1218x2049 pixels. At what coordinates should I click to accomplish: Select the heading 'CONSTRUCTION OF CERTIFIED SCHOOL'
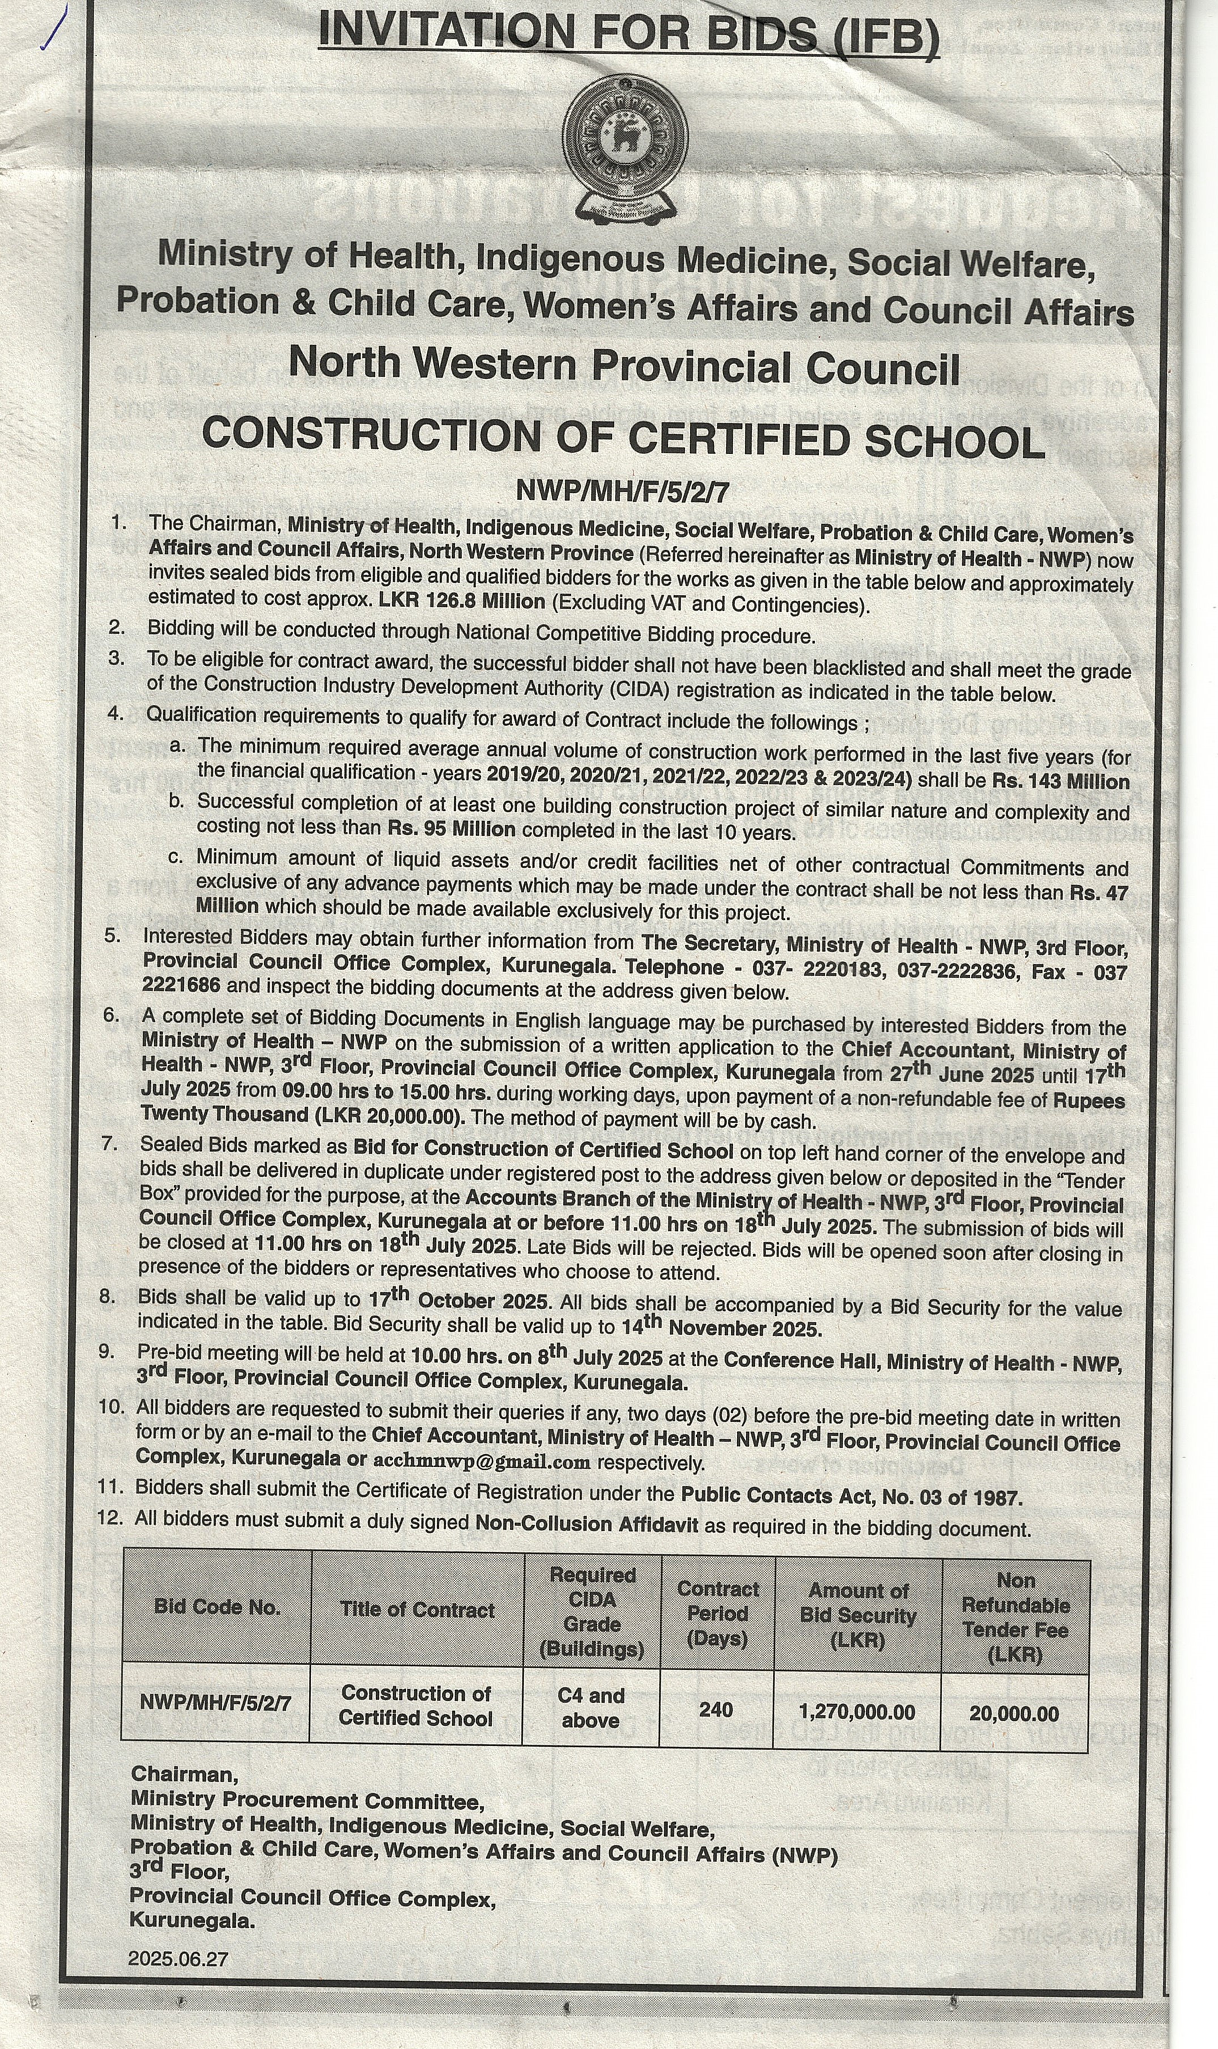point(624,439)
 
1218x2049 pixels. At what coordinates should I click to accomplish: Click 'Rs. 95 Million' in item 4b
point(451,829)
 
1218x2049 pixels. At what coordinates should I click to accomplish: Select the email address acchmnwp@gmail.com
point(482,1462)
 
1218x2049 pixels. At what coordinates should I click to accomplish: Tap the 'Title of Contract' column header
point(417,1610)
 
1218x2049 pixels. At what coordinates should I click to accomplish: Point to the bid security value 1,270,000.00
point(857,1712)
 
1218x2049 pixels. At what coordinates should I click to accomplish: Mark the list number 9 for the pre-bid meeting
point(106,1351)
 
